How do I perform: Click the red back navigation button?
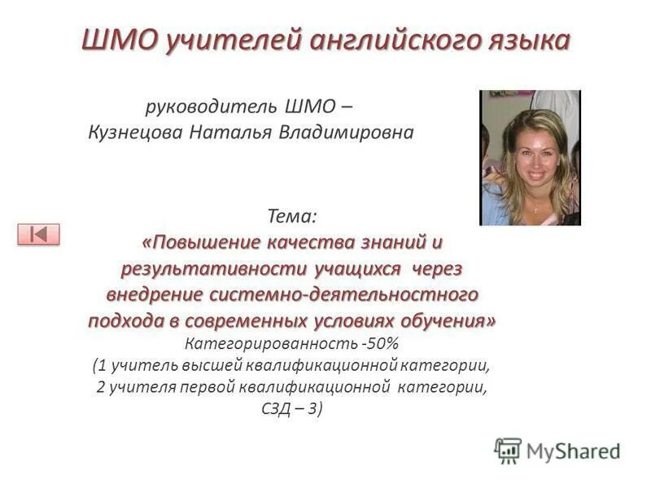(38, 234)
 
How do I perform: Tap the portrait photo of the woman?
(530, 158)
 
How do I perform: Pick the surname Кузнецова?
(135, 132)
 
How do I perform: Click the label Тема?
(292, 216)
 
